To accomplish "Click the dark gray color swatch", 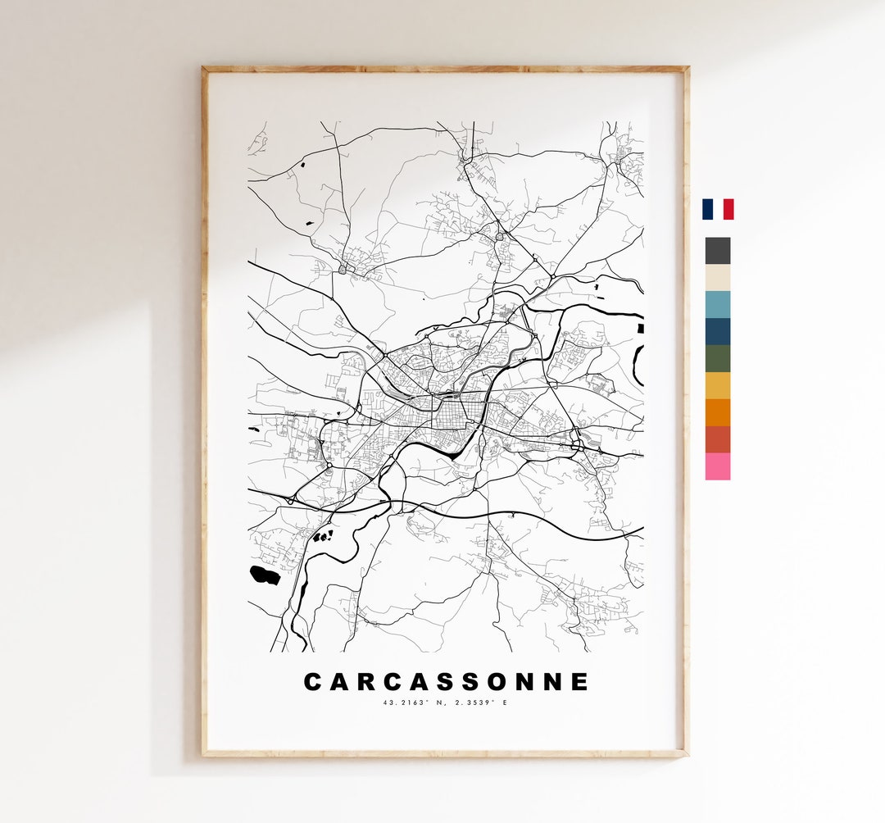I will point(717,251).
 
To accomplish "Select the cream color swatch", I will point(717,278).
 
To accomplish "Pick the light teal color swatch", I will point(717,304).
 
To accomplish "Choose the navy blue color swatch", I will point(717,331).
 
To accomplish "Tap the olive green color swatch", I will point(717,358).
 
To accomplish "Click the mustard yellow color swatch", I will point(717,385).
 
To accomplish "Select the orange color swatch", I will point(717,412).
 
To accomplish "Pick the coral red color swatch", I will point(717,439).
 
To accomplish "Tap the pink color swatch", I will point(717,466).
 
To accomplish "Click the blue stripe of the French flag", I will point(706,209).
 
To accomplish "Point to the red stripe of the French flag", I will point(728,209).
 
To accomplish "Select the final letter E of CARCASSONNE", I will point(581,682).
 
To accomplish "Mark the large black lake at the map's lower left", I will point(265,575).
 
